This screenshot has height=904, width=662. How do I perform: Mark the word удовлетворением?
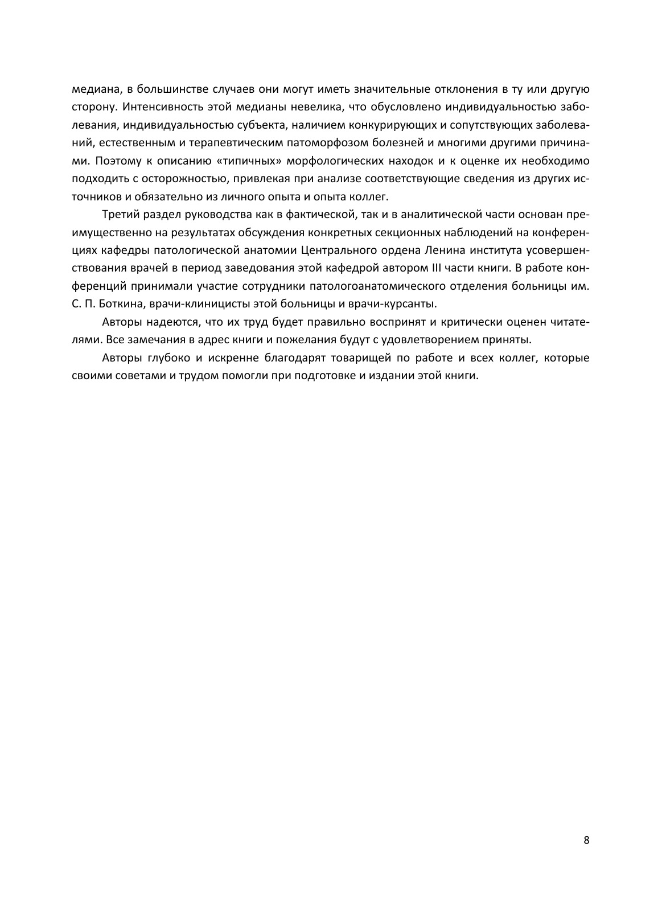(445, 340)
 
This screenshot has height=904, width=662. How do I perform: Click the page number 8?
(586, 841)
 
